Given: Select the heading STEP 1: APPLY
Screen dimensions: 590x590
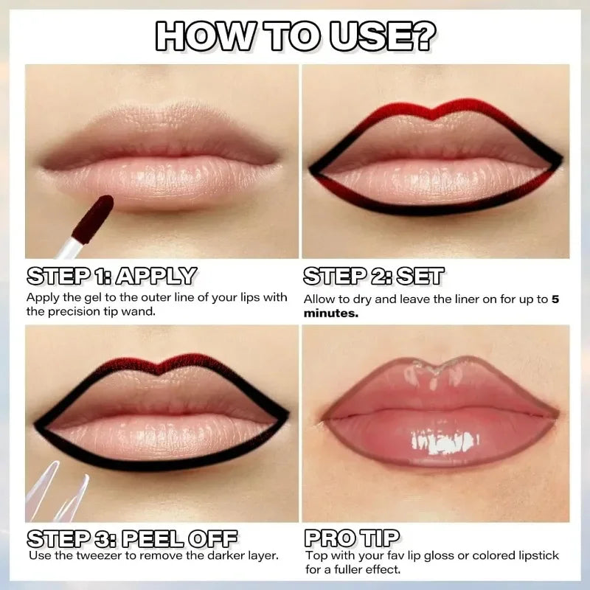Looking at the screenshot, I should tap(111, 277).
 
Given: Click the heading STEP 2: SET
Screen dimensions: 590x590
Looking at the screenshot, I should tap(374, 277).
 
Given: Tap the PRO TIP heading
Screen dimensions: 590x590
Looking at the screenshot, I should tap(352, 537).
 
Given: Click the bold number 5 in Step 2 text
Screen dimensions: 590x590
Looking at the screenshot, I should tap(555, 300).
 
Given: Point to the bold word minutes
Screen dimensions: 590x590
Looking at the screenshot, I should tap(331, 313).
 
